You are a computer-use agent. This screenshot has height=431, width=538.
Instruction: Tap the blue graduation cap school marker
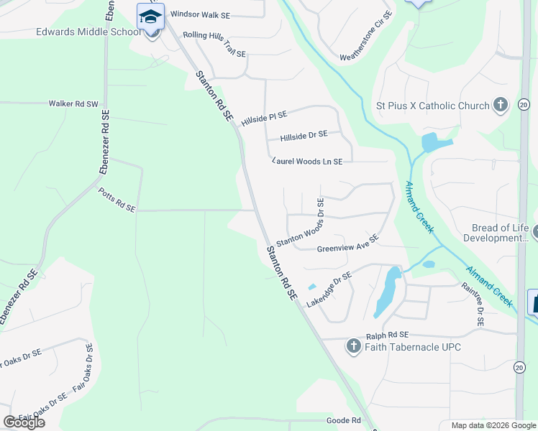(150, 17)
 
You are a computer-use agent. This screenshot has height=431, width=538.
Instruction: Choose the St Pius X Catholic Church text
(433, 106)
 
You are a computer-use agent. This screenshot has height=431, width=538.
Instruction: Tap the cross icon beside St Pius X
(501, 106)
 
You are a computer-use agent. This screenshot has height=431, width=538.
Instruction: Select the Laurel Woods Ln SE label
(307, 162)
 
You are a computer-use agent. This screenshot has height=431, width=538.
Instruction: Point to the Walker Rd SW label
(73, 103)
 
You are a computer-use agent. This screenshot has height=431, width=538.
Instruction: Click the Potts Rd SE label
(117, 203)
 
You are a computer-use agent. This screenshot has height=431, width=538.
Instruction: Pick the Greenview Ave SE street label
(347, 244)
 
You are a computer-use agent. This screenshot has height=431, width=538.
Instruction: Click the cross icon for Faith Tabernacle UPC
(353, 347)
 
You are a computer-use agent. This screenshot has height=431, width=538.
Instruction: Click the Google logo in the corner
(24, 422)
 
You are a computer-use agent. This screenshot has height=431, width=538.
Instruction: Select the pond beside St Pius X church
(434, 142)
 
